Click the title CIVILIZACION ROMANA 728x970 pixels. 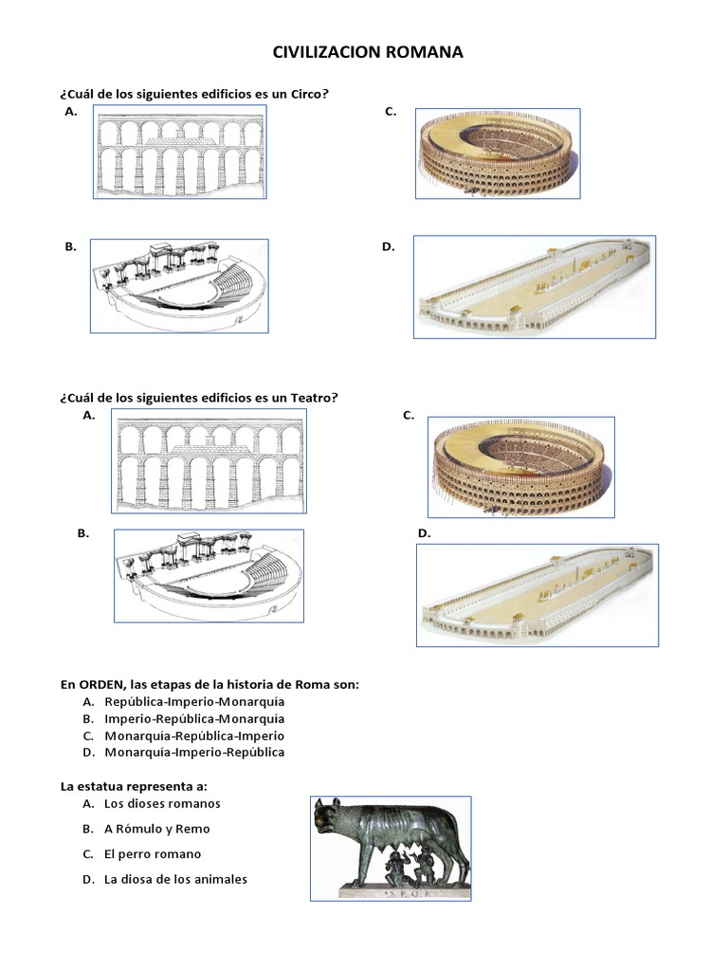(368, 53)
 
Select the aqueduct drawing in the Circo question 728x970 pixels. (179, 152)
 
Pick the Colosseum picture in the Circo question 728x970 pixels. (498, 152)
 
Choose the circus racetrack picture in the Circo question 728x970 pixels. (534, 287)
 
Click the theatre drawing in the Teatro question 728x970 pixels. (209, 576)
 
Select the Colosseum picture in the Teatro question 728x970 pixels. (520, 466)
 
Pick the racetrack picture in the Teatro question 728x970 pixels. (538, 595)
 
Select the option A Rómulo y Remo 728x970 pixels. (157, 829)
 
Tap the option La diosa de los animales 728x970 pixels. (175, 880)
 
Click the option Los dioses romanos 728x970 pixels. (162, 804)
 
